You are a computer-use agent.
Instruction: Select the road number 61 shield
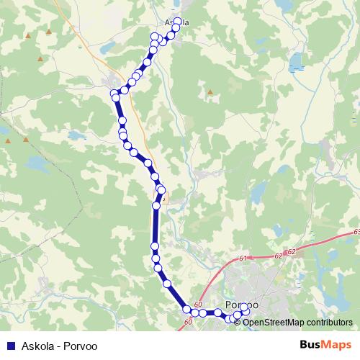pos(243,258)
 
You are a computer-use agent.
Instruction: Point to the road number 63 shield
pos(356,232)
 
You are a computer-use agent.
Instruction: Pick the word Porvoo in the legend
pos(79,345)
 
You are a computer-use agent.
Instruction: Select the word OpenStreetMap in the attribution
pos(274,322)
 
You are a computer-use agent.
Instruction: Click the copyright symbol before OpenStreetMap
pos(238,322)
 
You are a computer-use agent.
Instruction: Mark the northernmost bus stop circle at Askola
pos(177,22)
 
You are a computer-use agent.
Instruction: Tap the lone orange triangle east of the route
pos(210,92)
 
